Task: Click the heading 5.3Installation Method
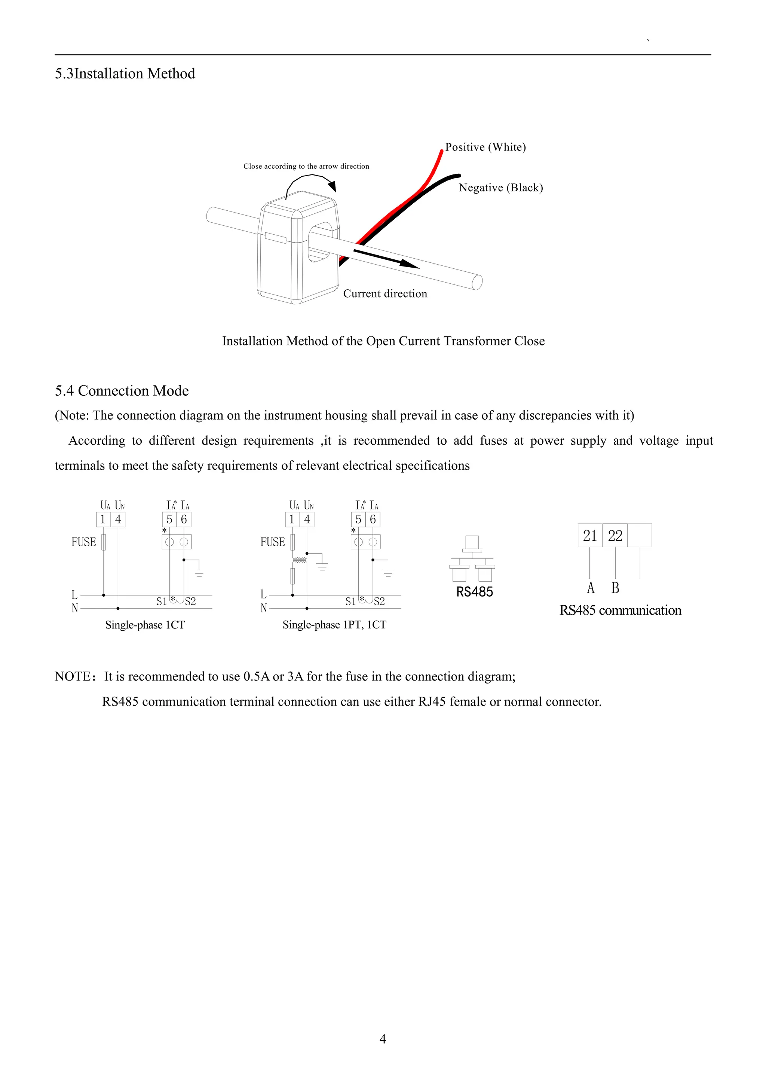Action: [125, 74]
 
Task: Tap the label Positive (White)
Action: [485, 147]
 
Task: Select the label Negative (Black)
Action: [501, 188]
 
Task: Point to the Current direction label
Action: [385, 294]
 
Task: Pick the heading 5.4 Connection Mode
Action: [122, 391]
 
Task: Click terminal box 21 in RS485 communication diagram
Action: [590, 536]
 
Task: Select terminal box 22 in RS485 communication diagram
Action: [615, 536]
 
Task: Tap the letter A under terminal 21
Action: [591, 588]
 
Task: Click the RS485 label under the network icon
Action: [475, 592]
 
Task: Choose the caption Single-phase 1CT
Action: [145, 625]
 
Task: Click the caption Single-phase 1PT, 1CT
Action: [334, 625]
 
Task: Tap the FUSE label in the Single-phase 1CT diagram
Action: [83, 542]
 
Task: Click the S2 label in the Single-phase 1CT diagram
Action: [190, 602]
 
